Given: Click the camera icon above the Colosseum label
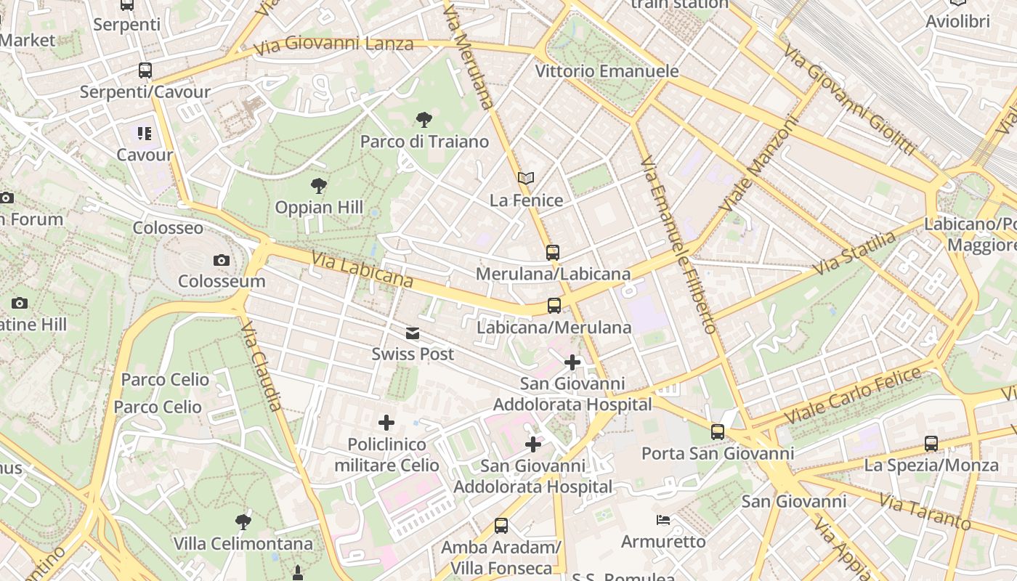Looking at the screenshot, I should [222, 260].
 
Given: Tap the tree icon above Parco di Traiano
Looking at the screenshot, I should [424, 120].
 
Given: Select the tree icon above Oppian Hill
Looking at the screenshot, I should [318, 186].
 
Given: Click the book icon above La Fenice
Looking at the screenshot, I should [526, 179].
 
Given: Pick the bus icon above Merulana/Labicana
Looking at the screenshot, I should [553, 253].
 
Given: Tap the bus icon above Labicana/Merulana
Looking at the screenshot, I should [554, 306].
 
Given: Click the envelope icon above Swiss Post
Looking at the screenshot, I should [413, 333].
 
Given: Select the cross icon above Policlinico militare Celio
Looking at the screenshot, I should [386, 423].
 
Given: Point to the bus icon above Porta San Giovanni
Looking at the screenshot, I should [718, 432].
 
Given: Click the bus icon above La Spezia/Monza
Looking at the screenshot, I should [931, 443].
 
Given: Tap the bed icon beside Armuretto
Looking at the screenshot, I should [663, 520].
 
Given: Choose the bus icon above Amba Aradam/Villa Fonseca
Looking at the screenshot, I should [501, 525].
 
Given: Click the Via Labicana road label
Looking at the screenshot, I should [362, 269].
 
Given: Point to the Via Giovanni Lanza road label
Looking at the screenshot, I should [333, 44].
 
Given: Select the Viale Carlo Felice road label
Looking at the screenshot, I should [853, 397].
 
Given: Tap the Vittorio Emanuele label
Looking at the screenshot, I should [607, 71].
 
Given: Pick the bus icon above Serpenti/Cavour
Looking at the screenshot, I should [145, 70].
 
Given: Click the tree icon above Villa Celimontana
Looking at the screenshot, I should [243, 521].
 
